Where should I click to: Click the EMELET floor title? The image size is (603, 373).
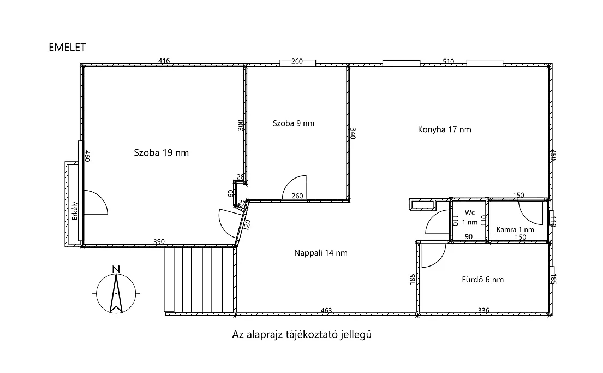pyautogui.click(x=67, y=48)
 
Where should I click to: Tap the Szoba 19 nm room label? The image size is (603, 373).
pyautogui.click(x=161, y=152)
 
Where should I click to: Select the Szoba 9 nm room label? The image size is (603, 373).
pyautogui.click(x=294, y=123)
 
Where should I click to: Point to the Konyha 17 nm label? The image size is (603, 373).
pyautogui.click(x=444, y=129)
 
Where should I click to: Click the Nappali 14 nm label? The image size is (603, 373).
pyautogui.click(x=321, y=253)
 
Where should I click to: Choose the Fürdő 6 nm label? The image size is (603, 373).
pyautogui.click(x=482, y=280)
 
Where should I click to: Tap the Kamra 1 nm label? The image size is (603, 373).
pyautogui.click(x=515, y=230)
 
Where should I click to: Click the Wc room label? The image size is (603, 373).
pyautogui.click(x=469, y=212)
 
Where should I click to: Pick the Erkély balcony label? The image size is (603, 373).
pyautogui.click(x=75, y=211)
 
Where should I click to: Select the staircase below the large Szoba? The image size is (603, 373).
pyautogui.click(x=200, y=279)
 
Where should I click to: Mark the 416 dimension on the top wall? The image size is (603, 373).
pyautogui.click(x=164, y=61)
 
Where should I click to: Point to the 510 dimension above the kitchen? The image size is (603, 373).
pyautogui.click(x=449, y=61)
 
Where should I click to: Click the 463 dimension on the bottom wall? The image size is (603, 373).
pyautogui.click(x=326, y=310)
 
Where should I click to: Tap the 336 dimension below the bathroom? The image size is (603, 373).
pyautogui.click(x=483, y=310)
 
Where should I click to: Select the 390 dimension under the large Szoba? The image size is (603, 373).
pyautogui.click(x=159, y=242)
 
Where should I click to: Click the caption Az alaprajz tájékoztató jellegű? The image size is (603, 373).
pyautogui.click(x=302, y=335)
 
